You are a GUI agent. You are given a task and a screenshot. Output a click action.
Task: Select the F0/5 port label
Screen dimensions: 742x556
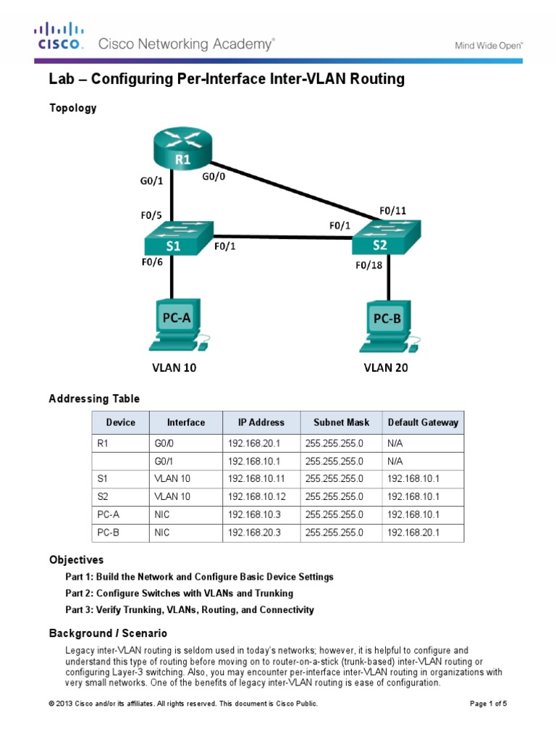(152, 215)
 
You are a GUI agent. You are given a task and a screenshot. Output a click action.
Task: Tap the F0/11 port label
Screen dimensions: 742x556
(392, 211)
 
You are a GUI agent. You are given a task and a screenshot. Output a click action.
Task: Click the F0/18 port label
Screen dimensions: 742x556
(368, 265)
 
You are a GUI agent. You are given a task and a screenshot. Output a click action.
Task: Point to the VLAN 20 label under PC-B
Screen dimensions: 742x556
(385, 368)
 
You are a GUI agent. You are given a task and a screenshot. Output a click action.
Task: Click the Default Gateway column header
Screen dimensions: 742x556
(423, 422)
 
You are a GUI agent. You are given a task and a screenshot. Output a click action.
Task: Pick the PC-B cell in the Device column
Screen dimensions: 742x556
(107, 533)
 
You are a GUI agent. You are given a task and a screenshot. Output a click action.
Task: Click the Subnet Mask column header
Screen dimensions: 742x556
(341, 422)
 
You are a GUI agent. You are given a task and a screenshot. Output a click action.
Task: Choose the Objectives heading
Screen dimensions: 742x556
(76, 560)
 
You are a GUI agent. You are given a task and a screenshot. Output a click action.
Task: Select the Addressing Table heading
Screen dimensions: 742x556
(94, 399)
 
